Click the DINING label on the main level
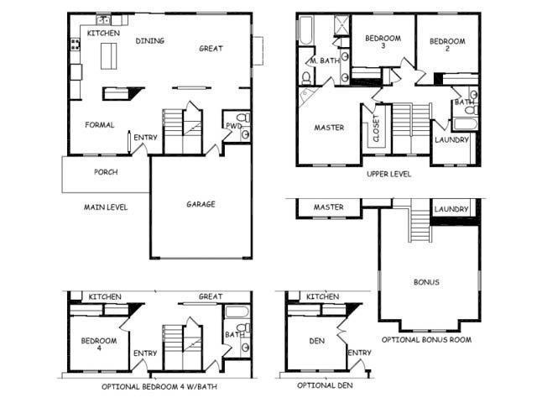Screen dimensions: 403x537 point(149,40)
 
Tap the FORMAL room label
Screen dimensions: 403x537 point(99,125)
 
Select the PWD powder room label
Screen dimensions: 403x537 point(233,126)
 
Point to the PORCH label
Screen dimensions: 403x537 point(106,173)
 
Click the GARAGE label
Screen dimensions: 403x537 point(201,204)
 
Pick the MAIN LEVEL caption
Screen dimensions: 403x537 point(105,207)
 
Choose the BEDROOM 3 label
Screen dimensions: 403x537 point(382,43)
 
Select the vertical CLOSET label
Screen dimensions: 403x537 point(376,128)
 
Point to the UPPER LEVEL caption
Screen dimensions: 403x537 point(388,174)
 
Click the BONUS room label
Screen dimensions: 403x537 point(426,282)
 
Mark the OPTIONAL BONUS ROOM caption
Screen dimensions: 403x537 point(426,340)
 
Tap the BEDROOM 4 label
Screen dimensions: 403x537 point(98,346)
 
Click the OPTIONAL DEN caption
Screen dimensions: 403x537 point(325,385)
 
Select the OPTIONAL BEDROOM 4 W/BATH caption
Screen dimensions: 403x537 point(159,386)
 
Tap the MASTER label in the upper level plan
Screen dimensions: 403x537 point(330,128)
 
